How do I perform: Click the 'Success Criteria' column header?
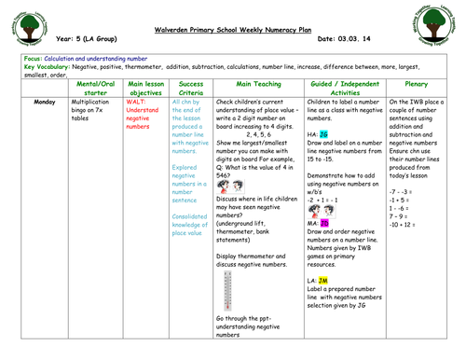tap(190, 87)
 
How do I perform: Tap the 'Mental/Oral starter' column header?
tap(96, 87)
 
